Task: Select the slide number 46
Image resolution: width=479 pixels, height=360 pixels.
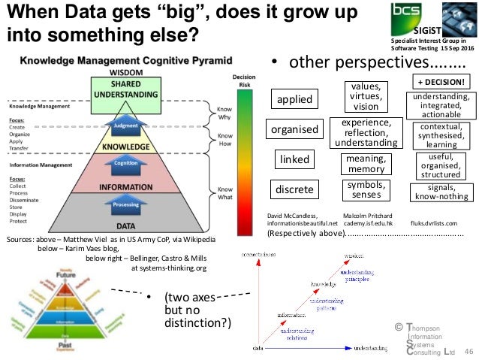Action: point(469,351)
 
